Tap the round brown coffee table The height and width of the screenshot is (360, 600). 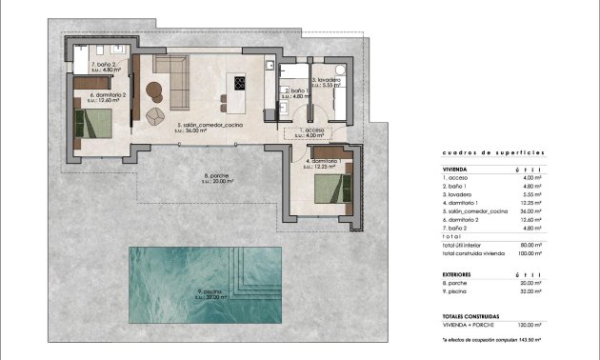coord(156,92)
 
